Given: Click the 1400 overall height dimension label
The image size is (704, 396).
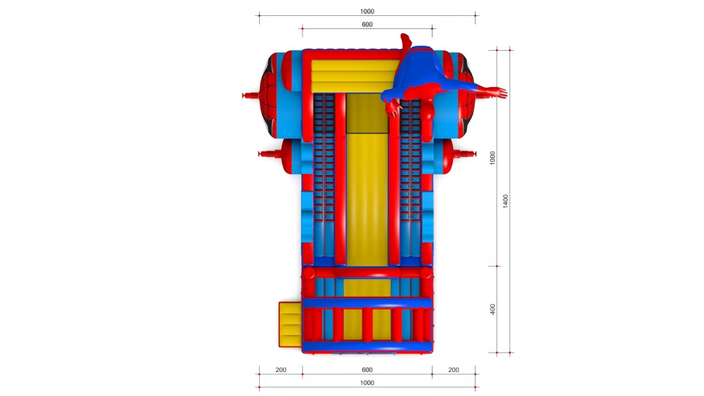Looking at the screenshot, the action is (506, 201).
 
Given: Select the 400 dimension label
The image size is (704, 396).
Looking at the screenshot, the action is (493, 310).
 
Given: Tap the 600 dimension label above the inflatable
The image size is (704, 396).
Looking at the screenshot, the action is (367, 25).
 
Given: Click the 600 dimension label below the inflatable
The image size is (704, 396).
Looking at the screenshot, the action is (367, 370).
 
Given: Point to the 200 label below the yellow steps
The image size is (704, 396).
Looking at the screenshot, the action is (281, 370).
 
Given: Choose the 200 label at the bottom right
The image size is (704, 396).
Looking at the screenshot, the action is (454, 370).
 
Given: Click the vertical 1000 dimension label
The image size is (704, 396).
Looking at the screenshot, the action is (493, 158).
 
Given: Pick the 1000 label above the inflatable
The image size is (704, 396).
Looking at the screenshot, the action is (367, 11).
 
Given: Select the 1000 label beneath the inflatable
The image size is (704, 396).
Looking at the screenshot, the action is (367, 382).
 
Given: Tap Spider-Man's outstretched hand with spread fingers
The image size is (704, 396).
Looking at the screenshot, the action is (499, 92).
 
